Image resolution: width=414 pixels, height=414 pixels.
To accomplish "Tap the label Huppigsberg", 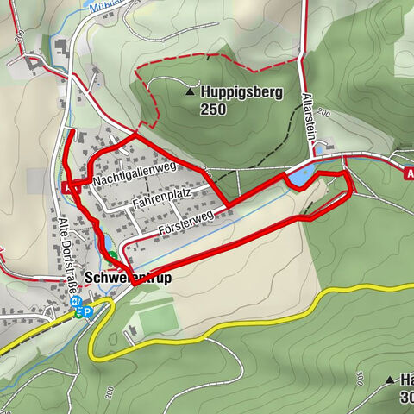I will coord(238,91).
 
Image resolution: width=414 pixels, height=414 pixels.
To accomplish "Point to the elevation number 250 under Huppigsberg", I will coord(212,110).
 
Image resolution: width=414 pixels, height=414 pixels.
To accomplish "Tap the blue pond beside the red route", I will coord(298,178).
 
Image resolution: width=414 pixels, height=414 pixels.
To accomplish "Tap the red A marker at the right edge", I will coord(408,172).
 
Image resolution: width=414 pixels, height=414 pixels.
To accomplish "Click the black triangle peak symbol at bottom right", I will coord(388,378).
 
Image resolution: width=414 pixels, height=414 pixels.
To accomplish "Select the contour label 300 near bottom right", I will coord(406,398).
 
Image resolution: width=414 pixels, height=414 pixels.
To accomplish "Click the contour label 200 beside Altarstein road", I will coord(324,112).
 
